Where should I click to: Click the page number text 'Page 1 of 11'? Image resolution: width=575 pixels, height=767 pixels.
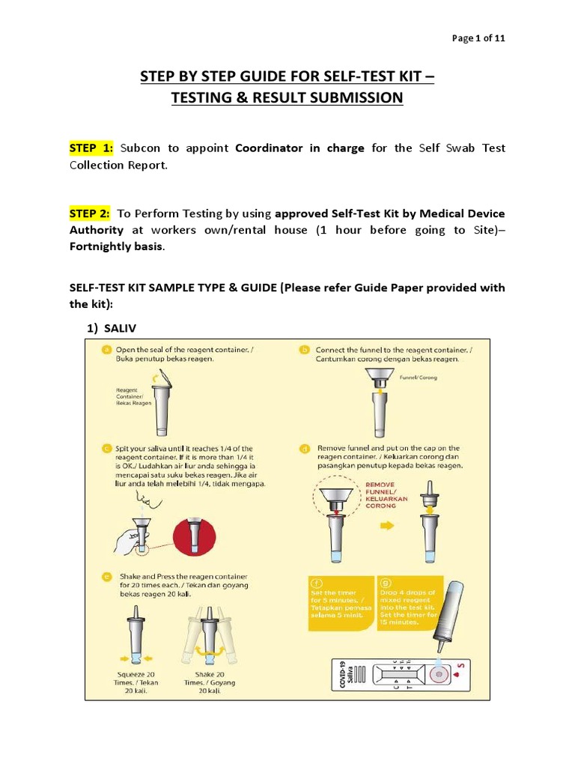pyautogui.click(x=478, y=40)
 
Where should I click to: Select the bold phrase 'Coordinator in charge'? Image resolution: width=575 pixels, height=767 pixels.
pyautogui.click(x=299, y=148)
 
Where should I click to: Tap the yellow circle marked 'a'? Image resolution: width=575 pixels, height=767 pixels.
pyautogui.click(x=107, y=349)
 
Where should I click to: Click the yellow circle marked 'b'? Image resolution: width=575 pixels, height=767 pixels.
pyautogui.click(x=305, y=350)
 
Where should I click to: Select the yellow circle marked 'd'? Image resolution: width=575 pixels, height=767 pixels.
pyautogui.click(x=305, y=449)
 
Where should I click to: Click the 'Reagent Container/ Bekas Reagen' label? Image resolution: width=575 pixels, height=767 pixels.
pyautogui.click(x=134, y=396)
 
